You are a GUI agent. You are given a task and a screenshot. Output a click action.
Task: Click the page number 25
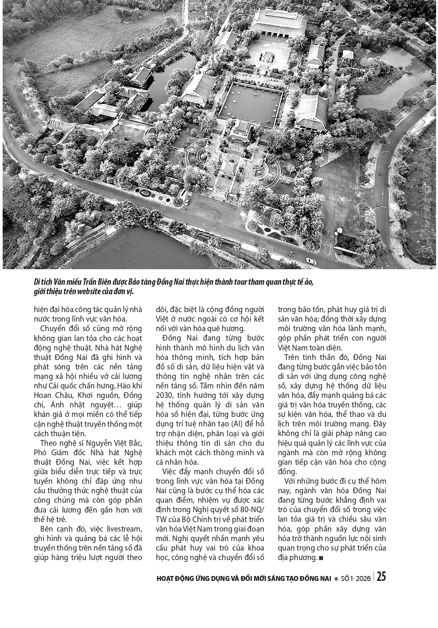pyautogui.click(x=381, y=577)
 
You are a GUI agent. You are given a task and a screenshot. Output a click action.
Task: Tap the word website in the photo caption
pyautogui.click(x=101, y=292)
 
